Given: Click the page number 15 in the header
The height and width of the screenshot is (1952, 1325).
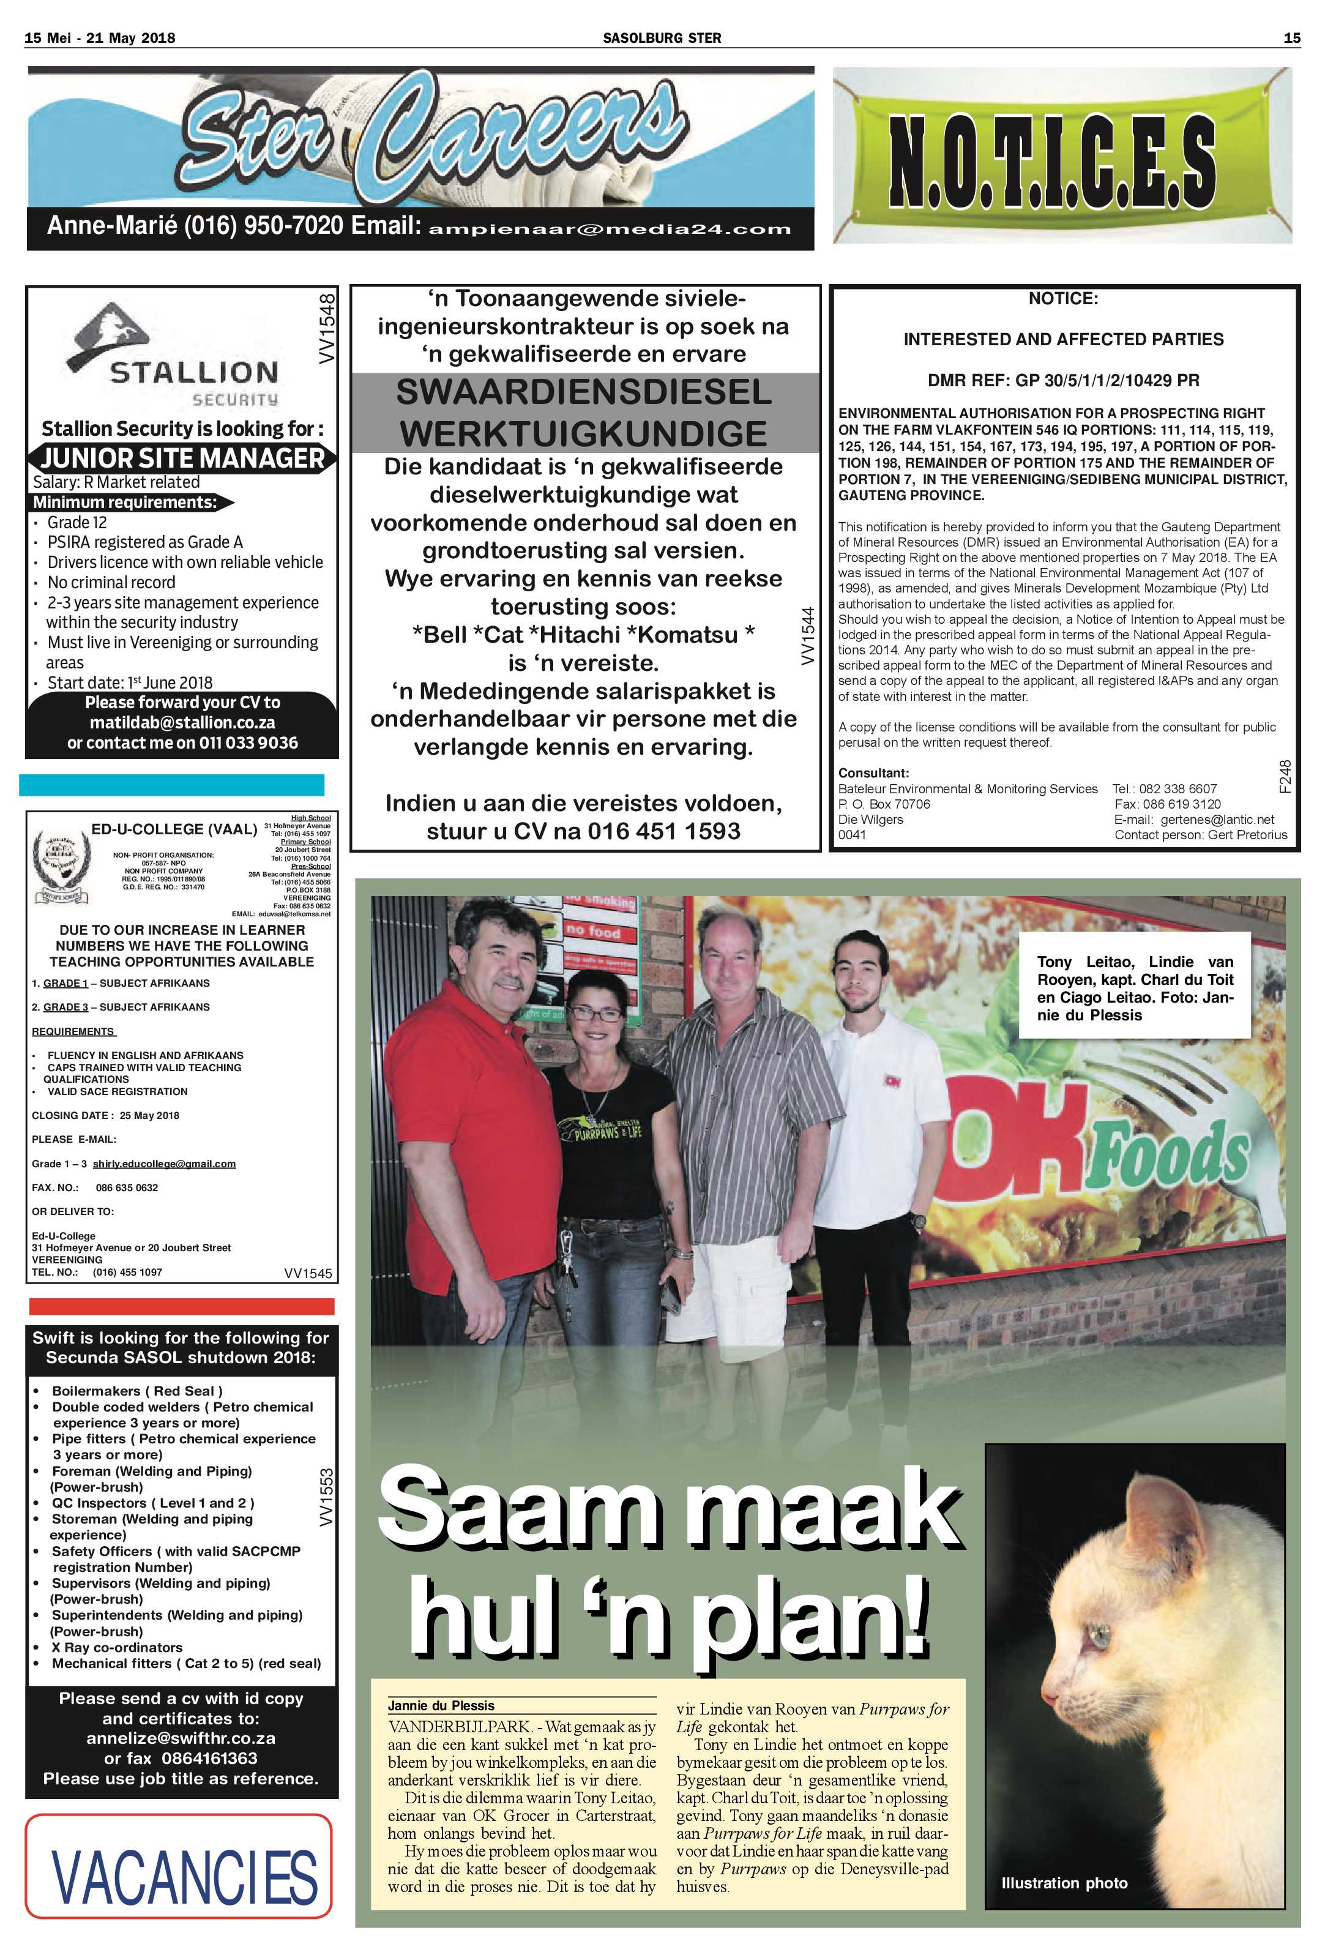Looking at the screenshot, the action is pyautogui.click(x=1291, y=38).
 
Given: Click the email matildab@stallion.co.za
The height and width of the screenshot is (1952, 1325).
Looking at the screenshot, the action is pyautogui.click(x=182, y=722).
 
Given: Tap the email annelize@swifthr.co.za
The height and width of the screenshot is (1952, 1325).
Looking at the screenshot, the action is pyautogui.click(x=181, y=1738).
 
